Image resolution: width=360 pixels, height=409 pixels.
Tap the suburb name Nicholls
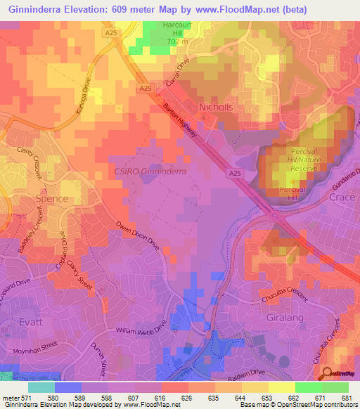click(215, 107)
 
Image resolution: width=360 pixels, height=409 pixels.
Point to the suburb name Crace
click(342, 198)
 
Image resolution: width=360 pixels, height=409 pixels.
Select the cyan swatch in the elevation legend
click(41, 387)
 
